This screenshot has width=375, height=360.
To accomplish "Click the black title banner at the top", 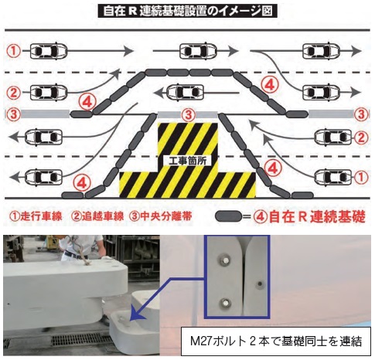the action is [x=187, y=11].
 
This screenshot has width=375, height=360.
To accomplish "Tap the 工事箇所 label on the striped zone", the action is [x=187, y=161].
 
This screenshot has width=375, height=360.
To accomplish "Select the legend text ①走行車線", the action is [x=36, y=216].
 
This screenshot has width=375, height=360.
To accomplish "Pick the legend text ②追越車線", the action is [x=98, y=216].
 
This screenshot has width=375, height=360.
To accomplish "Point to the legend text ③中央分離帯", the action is [x=161, y=216].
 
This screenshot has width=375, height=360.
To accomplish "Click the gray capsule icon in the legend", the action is [x=228, y=217].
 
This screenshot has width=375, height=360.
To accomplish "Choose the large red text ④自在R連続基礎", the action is [x=309, y=217].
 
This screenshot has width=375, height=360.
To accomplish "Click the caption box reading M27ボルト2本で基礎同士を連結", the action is [x=276, y=341].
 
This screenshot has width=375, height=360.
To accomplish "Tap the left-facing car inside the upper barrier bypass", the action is [x=186, y=93].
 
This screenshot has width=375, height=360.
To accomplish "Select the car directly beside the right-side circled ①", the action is [x=333, y=177].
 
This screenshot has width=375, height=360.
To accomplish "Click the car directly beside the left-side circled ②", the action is [x=49, y=92].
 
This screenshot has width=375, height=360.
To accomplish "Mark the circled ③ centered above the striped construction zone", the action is [x=189, y=114].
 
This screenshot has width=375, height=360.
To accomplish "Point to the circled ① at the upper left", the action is [x=13, y=51].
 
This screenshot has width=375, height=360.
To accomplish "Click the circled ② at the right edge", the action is [x=361, y=138].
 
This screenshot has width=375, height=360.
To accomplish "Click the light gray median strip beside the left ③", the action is [x=45, y=114].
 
